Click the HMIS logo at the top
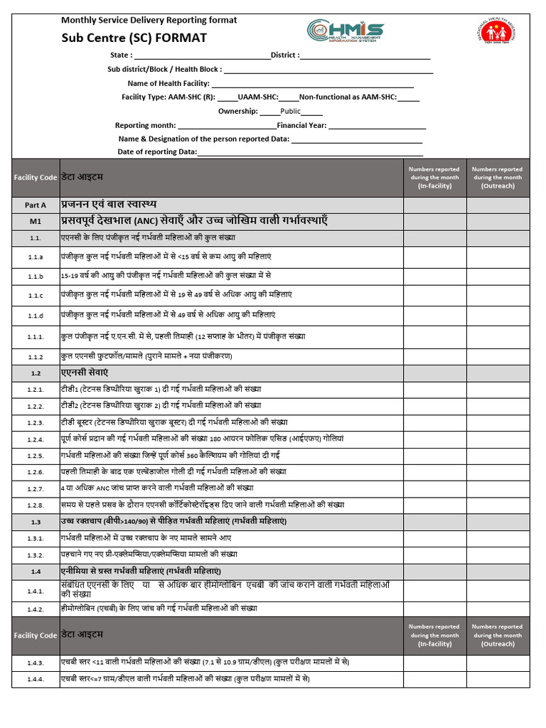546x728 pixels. pos(346,31)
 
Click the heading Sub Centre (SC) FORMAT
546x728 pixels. pos(134,38)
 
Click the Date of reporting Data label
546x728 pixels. pos(157,152)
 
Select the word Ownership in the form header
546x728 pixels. pos(237,111)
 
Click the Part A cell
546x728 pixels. pos(36,205)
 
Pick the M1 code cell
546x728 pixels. pos(36,222)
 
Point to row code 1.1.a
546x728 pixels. pos(36,257)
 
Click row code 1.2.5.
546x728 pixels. pos(36,456)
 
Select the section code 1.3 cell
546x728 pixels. pos(36,522)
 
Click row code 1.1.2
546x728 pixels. pos(36,356)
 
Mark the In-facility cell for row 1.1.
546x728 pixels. pos(434,238)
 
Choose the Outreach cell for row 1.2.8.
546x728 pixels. pos(498,505)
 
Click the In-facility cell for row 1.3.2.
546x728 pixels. pos(434,555)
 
